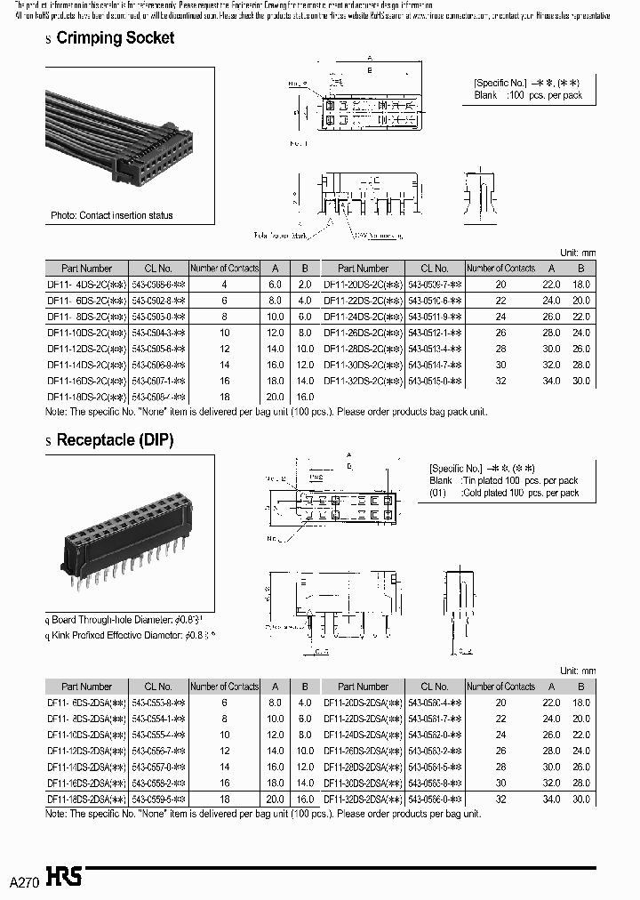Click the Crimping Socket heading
[115, 38]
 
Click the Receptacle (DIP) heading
[115, 440]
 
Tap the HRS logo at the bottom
[65, 876]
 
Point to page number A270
[24, 881]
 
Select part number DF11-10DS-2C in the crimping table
[85, 332]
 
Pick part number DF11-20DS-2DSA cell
[364, 703]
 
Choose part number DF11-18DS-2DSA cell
[86, 799]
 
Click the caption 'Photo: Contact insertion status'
[111, 215]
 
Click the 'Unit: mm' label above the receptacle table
[577, 671]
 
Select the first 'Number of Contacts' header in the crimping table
[225, 268]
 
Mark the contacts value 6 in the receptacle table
[225, 703]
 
